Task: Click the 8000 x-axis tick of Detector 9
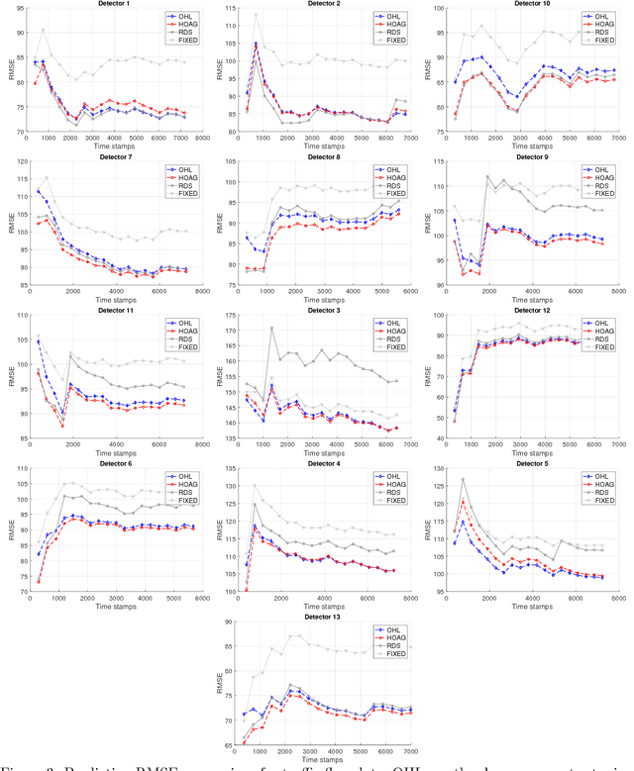pos(614,295)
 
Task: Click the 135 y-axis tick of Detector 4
pos(226,471)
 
